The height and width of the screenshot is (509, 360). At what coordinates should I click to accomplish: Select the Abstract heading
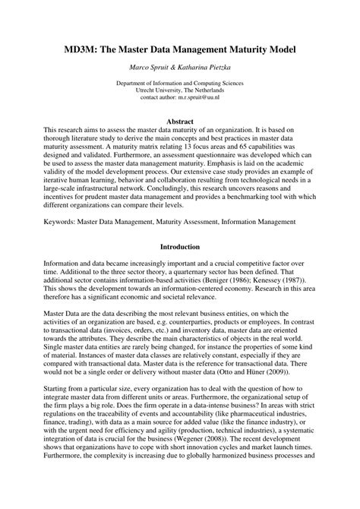point(179,121)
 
